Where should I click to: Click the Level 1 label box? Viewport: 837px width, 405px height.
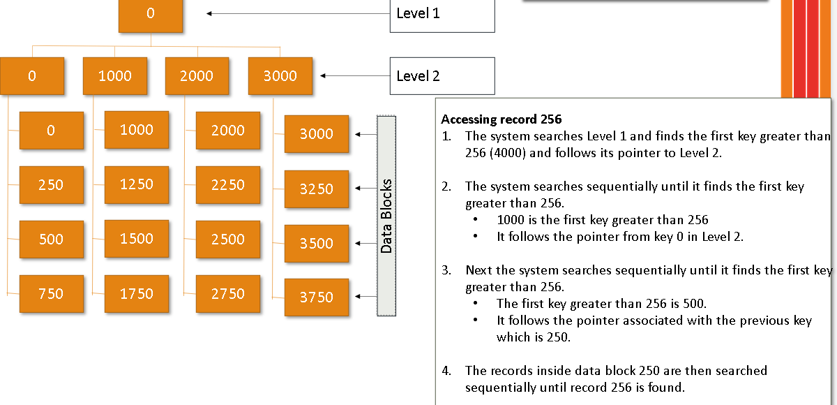[442, 14]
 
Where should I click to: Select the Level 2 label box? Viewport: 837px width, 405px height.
[442, 76]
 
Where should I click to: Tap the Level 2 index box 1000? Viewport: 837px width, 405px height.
[114, 76]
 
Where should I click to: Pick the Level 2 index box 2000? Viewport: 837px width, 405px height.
[197, 76]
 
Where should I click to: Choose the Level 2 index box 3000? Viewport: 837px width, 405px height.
[280, 76]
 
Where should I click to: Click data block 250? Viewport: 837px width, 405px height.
[51, 185]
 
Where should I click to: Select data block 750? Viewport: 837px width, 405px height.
[51, 294]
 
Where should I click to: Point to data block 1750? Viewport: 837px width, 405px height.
[136, 294]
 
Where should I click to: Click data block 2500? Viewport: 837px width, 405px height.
[227, 240]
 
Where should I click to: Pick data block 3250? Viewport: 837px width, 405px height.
[316, 189]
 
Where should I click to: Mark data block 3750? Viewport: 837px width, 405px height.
[316, 297]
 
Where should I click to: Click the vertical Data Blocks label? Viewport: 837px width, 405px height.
[386, 216]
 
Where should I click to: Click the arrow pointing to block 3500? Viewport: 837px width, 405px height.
[365, 243]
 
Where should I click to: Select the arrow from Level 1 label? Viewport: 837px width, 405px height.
[298, 13]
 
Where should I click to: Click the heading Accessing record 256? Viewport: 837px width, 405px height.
[501, 119]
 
